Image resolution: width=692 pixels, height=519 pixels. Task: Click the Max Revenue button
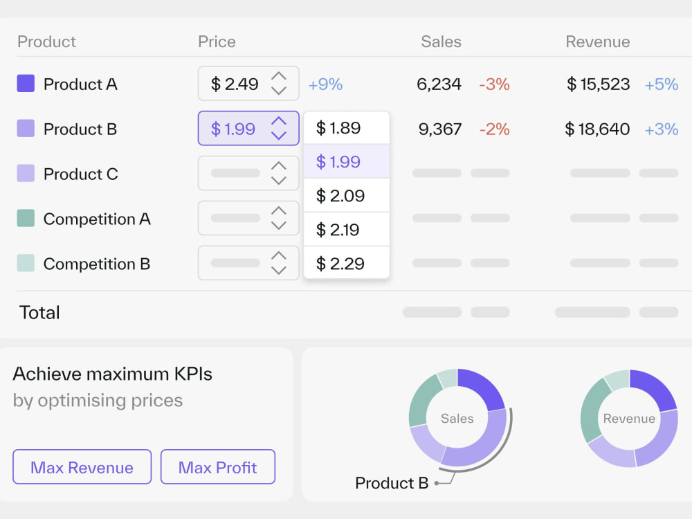82,467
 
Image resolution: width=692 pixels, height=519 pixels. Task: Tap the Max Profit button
218,467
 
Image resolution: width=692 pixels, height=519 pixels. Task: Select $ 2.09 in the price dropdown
347,196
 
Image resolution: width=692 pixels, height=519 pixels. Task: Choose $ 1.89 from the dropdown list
347,128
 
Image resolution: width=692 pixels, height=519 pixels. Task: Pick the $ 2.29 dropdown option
347,263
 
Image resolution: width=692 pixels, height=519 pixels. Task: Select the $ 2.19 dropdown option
347,230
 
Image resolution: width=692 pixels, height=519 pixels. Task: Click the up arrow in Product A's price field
278,76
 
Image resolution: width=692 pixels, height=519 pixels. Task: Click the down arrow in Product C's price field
278,180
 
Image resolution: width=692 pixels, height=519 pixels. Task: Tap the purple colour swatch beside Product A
26,84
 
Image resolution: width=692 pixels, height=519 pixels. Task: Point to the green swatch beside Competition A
26,218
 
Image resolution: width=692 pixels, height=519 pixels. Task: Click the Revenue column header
598,42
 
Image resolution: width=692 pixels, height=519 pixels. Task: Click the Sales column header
441,42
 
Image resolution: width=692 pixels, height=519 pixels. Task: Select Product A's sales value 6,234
439,84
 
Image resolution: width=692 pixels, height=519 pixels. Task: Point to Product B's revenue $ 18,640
597,129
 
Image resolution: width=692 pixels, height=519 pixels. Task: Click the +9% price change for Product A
325,84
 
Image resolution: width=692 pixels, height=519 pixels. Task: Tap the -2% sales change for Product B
494,129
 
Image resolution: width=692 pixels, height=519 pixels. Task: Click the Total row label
39,313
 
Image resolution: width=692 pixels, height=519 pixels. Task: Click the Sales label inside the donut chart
457,419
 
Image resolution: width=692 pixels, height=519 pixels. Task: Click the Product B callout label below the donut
392,483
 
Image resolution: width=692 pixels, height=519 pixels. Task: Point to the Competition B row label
97,264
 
